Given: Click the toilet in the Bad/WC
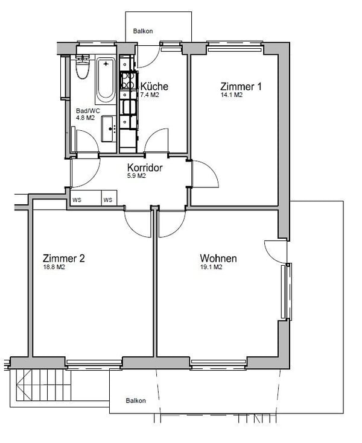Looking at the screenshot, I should click(x=83, y=67).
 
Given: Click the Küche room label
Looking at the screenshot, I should click(x=154, y=86).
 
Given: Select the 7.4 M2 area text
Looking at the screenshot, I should click(x=149, y=95).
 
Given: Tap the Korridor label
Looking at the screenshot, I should click(x=145, y=168).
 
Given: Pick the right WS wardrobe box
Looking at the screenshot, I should click(x=108, y=200).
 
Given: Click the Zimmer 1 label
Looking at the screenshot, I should click(x=241, y=86).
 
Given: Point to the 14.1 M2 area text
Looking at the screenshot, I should click(x=231, y=95).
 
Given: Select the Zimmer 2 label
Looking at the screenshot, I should click(x=63, y=259).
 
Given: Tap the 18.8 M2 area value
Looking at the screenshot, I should click(x=54, y=268).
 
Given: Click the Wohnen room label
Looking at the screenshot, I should click(x=218, y=259).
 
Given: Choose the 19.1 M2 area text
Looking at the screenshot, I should click(x=211, y=268).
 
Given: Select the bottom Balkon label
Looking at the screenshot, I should click(x=136, y=400).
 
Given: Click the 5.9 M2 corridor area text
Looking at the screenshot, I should click(x=136, y=177).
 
